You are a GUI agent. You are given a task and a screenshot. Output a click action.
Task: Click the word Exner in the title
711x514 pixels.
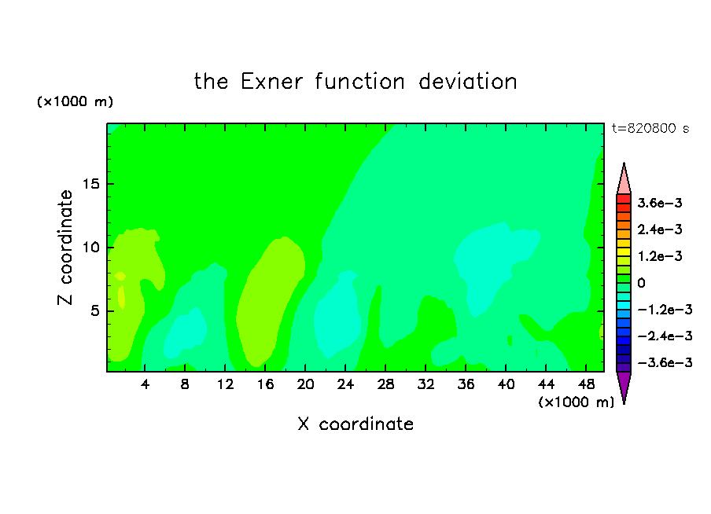271,82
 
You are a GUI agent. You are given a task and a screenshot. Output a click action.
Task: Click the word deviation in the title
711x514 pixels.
467,82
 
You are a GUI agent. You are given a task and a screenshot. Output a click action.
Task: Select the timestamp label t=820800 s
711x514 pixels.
650,129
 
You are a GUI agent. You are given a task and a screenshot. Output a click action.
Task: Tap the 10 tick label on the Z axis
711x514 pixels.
90,248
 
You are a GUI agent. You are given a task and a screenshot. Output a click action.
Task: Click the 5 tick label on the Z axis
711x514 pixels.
94,311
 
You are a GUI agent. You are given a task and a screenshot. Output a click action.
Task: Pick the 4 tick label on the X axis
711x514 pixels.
145,384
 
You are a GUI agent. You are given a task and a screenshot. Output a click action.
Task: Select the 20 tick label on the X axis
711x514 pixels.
305,384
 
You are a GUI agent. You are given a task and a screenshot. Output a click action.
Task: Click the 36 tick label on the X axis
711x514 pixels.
466,384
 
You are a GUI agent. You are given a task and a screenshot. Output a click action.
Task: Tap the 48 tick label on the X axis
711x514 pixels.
586,384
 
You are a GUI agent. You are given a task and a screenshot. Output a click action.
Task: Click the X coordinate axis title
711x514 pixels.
355,424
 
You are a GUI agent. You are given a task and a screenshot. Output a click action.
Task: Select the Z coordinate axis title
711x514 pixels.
65,248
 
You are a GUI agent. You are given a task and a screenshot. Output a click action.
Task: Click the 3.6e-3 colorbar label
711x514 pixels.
660,203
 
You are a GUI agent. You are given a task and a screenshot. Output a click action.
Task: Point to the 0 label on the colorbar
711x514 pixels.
641,283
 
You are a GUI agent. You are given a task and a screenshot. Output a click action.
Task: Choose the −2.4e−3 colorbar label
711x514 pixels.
665,336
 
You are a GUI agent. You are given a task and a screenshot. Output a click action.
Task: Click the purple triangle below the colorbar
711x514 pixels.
624,385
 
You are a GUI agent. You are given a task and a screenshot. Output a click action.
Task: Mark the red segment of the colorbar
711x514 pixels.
624,199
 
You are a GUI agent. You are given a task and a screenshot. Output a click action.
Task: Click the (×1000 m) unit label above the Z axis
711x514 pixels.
75,101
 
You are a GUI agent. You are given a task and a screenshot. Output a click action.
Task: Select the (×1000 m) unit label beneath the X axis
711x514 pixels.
576,402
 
